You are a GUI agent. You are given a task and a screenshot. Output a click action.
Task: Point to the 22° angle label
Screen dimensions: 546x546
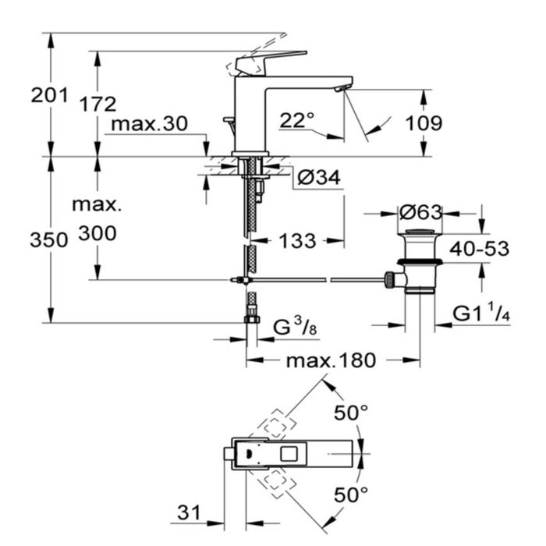pos(296,120)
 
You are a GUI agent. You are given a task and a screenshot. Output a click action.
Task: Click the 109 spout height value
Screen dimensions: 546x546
pos(424,123)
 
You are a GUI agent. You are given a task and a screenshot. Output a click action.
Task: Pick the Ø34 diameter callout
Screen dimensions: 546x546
pos(319,179)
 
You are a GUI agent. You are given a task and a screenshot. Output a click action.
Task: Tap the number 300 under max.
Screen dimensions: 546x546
pos(97,233)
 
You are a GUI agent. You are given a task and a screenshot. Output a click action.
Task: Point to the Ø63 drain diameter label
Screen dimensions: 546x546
pos(420,212)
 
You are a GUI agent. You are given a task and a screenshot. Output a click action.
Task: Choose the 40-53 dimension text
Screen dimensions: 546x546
pos(478,249)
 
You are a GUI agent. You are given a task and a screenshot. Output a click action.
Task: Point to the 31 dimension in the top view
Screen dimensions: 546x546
pos(187,512)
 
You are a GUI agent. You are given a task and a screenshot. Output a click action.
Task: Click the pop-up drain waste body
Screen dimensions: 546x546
pos(420,263)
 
